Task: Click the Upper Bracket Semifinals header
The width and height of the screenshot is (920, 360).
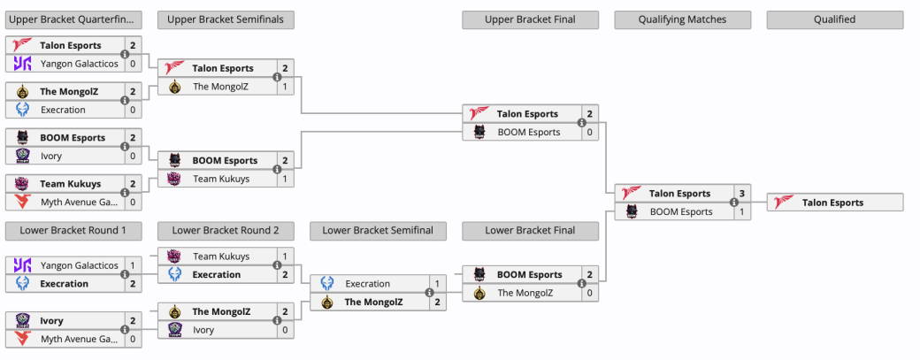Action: (x=226, y=19)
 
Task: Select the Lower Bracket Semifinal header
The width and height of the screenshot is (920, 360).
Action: (x=378, y=231)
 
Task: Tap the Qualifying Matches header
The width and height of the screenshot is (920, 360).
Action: (x=682, y=19)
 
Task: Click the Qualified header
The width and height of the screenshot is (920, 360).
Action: (x=834, y=19)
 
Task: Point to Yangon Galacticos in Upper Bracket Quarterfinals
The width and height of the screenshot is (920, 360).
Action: (x=80, y=64)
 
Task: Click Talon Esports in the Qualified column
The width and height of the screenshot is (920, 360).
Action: (x=832, y=203)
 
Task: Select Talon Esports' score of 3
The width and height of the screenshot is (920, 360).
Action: (x=741, y=194)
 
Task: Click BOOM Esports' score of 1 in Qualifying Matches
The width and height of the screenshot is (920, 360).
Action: (x=741, y=211)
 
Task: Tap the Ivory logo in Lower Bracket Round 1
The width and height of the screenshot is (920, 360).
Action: (x=22, y=321)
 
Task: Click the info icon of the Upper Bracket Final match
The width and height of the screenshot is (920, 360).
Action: (x=581, y=123)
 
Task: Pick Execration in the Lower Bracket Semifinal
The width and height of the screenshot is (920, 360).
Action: (x=367, y=284)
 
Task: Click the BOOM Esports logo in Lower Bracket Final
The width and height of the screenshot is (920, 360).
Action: (x=479, y=274)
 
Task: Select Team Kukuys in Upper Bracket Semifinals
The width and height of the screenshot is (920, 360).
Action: (x=221, y=179)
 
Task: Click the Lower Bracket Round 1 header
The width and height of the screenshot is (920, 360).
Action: (x=73, y=231)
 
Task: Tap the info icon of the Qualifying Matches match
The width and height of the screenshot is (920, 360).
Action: (x=733, y=203)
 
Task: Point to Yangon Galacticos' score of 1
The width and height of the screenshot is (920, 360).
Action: (x=133, y=265)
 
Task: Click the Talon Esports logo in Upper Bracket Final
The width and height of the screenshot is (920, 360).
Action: (x=479, y=114)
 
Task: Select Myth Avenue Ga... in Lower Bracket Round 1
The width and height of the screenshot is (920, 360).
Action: (x=80, y=339)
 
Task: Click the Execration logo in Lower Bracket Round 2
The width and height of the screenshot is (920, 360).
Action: (x=175, y=274)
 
